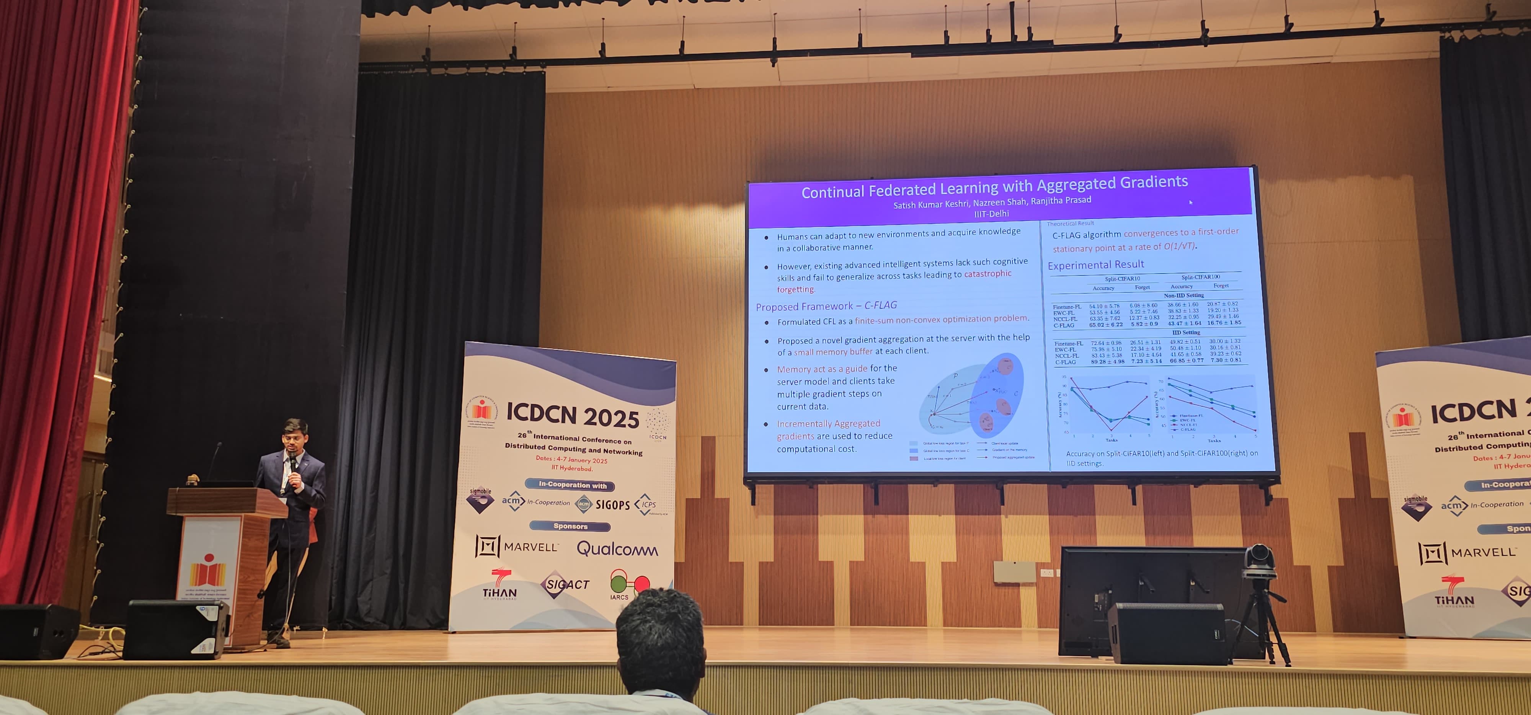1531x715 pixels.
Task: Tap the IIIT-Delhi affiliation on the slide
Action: (991, 213)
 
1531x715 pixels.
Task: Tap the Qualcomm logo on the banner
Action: (617, 548)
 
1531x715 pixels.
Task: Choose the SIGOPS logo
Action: (612, 504)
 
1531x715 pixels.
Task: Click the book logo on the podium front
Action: (207, 571)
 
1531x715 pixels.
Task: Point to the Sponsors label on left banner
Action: (570, 526)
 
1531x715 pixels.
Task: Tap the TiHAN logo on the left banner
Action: (499, 585)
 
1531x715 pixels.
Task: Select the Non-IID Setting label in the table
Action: (1183, 295)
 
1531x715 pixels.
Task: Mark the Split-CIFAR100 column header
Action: (1201, 277)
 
